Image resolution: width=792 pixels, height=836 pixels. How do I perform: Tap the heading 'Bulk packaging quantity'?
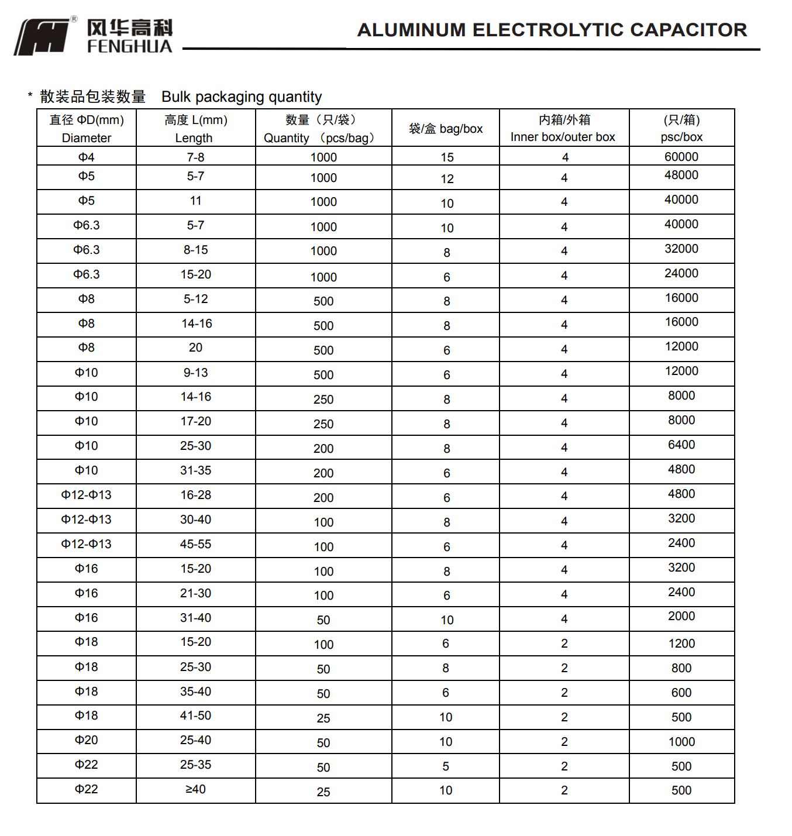242,97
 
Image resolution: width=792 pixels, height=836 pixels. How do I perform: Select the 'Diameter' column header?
87,129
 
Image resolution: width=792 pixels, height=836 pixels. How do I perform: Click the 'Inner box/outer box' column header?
563,129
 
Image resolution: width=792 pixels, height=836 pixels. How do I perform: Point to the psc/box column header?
681,129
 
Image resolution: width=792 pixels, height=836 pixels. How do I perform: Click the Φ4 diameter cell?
87,157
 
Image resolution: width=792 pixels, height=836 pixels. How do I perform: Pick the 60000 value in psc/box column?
681,157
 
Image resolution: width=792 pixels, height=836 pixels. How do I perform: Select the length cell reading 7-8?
195,157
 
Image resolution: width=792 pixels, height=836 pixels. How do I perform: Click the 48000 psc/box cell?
681,176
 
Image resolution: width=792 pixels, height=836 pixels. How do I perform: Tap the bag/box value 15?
447,157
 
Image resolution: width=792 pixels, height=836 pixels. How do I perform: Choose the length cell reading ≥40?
195,789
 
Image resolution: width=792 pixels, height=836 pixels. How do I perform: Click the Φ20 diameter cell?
87,740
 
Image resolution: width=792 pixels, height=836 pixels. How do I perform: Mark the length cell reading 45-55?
195,544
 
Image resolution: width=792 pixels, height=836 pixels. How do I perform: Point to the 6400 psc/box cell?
681,445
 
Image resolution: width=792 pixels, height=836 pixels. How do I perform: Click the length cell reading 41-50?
195,715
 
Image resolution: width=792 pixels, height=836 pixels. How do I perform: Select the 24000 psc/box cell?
681,274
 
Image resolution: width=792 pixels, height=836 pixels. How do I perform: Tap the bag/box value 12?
447,179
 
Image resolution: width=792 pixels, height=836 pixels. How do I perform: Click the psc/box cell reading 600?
681,693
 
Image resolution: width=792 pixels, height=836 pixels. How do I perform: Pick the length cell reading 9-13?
195,373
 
